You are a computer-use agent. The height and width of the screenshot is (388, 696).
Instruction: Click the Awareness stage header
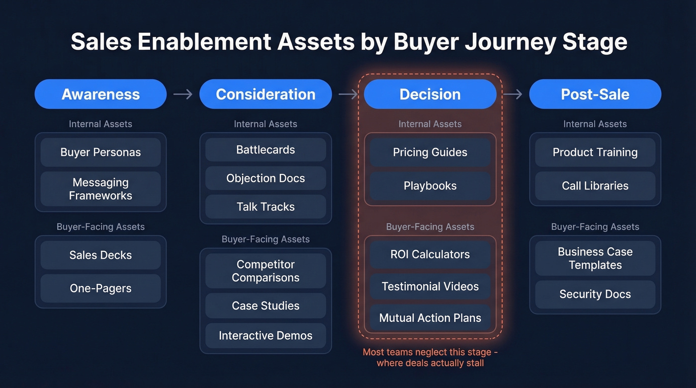tap(100, 94)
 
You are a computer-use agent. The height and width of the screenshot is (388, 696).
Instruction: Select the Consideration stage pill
tap(265, 94)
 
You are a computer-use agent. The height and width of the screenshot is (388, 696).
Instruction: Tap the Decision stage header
tap(430, 94)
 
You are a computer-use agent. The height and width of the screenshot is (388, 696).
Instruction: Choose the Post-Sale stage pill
tap(595, 94)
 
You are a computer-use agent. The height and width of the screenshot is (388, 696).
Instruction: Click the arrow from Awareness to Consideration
tap(183, 94)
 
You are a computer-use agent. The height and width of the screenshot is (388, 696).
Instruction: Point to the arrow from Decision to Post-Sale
tap(513, 94)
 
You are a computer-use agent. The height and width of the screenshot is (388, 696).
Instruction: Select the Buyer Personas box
tap(100, 152)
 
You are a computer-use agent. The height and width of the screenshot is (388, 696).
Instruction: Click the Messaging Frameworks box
tap(100, 189)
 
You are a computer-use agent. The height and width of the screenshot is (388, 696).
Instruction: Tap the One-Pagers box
tap(100, 288)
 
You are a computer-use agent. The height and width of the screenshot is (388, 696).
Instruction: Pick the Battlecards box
tap(265, 150)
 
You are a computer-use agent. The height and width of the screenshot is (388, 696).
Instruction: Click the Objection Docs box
tap(265, 178)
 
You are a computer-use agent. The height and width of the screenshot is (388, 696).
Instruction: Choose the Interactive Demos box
tap(265, 335)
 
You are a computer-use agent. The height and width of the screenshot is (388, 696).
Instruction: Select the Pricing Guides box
tap(430, 152)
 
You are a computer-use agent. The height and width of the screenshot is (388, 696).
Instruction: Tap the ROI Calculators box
tap(430, 254)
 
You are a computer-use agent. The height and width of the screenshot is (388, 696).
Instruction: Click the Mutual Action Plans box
tap(430, 318)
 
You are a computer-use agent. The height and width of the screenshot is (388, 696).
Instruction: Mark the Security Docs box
tap(595, 294)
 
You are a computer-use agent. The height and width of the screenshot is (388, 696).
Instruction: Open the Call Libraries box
tap(595, 185)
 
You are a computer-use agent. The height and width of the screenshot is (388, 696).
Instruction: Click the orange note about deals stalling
tap(430, 357)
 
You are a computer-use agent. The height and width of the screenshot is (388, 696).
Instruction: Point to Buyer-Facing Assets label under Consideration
tap(265, 239)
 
